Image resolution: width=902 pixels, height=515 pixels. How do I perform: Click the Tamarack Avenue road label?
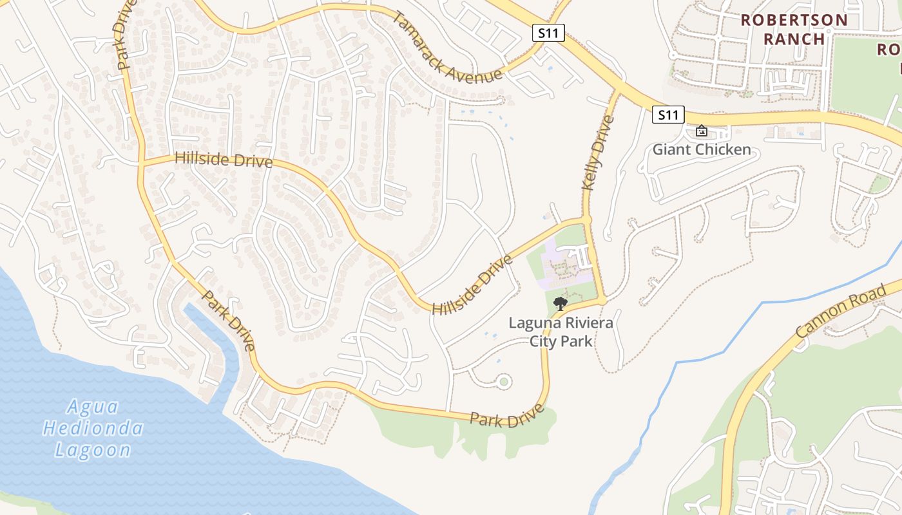pyautogui.click(x=446, y=48)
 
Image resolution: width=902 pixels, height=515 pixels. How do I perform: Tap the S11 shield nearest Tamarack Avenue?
pyautogui.click(x=548, y=33)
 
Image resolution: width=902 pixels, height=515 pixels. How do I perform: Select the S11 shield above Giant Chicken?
pyautogui.click(x=667, y=115)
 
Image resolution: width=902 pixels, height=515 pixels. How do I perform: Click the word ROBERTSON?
pyautogui.click(x=794, y=20)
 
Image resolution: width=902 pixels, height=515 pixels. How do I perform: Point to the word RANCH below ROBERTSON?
pyautogui.click(x=794, y=39)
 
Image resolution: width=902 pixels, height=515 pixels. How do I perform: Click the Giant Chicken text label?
pyautogui.click(x=702, y=150)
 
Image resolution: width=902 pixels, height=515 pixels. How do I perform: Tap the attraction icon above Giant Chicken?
pyautogui.click(x=702, y=131)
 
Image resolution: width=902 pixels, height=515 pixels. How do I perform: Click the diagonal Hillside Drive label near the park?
pyautogui.click(x=472, y=285)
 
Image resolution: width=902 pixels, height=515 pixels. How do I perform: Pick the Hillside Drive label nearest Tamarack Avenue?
pyautogui.click(x=223, y=160)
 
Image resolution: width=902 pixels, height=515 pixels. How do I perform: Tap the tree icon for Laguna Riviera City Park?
pyautogui.click(x=561, y=303)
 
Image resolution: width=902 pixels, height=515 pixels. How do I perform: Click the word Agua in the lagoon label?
pyautogui.click(x=93, y=407)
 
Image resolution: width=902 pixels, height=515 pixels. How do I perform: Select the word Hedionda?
pyautogui.click(x=93, y=428)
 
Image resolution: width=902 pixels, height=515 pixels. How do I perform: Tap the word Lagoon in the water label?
pyautogui.click(x=93, y=450)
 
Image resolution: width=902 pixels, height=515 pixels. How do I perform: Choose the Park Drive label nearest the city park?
pyautogui.click(x=507, y=416)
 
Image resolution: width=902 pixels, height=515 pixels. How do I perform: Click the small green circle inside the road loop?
pyautogui.click(x=504, y=382)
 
